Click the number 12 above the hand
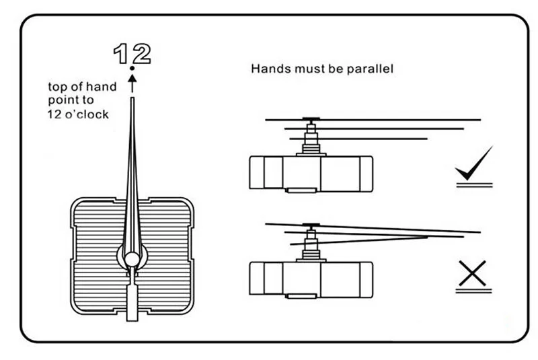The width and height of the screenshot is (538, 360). pyautogui.click(x=132, y=53)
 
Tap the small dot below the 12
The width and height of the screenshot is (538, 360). pyautogui.click(x=132, y=69)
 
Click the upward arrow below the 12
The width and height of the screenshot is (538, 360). pyautogui.click(x=132, y=82)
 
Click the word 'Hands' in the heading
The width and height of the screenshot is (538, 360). pyautogui.click(x=268, y=69)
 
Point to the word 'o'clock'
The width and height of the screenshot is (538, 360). pyautogui.click(x=91, y=115)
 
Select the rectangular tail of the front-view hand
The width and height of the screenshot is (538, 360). pyautogui.click(x=132, y=299)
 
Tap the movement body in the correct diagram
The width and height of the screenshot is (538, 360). pyautogui.click(x=311, y=174)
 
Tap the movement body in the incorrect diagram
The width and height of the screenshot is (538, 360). pyautogui.click(x=311, y=277)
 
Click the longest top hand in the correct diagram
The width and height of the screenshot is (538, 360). pyautogui.click(x=403, y=120)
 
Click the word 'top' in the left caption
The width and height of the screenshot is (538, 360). pyautogui.click(x=56, y=87)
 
